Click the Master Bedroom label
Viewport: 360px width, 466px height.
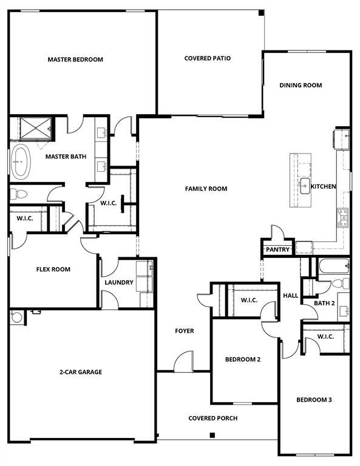(x=75, y=59)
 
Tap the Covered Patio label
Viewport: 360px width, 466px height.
(x=208, y=58)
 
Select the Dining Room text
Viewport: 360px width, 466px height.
(x=301, y=86)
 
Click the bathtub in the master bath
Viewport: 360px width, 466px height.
(x=20, y=162)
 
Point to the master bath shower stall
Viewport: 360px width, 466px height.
(x=36, y=128)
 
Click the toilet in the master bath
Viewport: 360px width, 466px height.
(x=18, y=195)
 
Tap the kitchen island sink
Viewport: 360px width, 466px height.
(x=304, y=186)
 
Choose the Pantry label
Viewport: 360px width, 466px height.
(x=277, y=249)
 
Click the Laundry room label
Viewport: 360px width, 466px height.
(x=119, y=282)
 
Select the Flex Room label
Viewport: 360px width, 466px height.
(x=53, y=269)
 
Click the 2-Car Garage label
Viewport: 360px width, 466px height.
(x=81, y=372)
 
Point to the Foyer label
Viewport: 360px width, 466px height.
(x=185, y=331)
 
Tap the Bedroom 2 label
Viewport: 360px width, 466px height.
(x=243, y=359)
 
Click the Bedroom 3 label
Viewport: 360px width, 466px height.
(x=314, y=399)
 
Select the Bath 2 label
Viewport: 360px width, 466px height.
(x=325, y=303)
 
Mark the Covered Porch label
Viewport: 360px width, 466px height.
(x=212, y=418)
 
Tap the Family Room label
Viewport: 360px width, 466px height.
(x=206, y=189)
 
